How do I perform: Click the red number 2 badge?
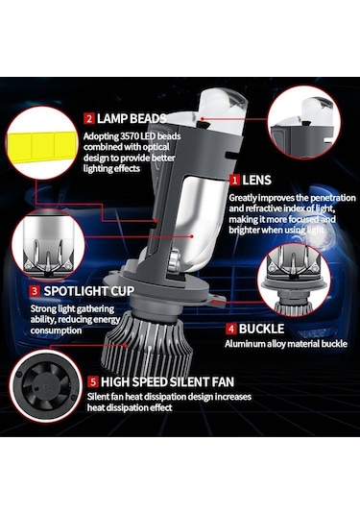coord(88,118)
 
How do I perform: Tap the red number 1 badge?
coord(233,180)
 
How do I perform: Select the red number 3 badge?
coord(34,289)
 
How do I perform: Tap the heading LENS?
coord(256,180)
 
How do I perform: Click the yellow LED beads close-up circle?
coord(38,144)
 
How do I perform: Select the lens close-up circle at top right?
coord(307,123)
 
